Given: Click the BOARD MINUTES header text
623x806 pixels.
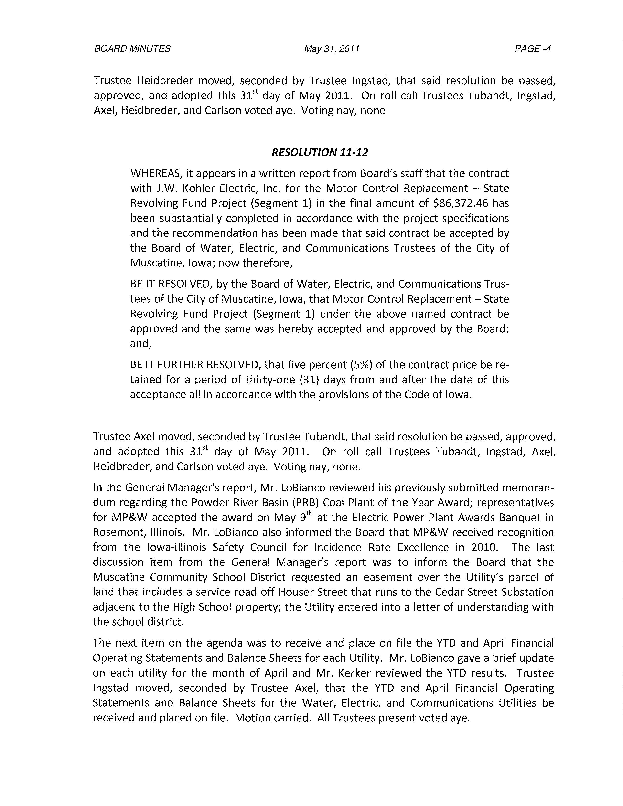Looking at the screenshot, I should (x=132, y=49).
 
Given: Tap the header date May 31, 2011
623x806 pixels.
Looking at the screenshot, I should (x=332, y=49).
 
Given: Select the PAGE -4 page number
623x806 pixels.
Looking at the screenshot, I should (x=533, y=49).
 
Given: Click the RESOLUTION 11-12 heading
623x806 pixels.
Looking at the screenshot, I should (x=320, y=152).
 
